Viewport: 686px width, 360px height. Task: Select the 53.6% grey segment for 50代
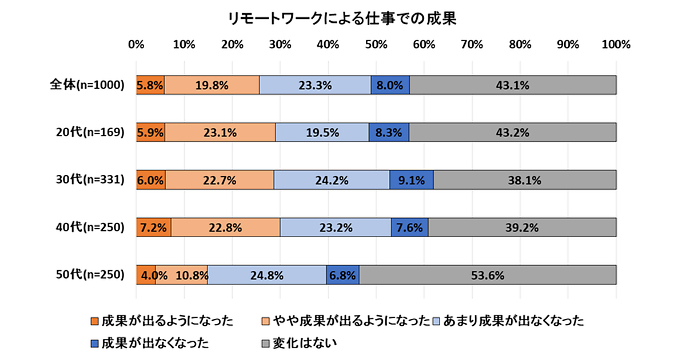tap(488, 275)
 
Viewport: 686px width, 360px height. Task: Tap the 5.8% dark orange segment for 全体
tap(150, 85)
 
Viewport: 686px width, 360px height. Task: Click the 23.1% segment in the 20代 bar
tap(220, 133)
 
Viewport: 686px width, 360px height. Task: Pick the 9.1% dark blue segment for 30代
tap(411, 180)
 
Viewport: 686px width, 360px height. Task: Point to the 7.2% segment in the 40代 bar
tap(153, 227)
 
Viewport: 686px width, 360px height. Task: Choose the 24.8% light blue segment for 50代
tap(267, 275)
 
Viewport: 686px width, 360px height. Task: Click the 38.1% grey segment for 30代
tap(525, 180)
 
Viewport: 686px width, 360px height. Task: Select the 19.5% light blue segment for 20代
tap(322, 133)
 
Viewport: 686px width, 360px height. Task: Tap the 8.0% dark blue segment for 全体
tap(390, 85)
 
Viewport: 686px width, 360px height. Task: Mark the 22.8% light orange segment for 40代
tap(226, 227)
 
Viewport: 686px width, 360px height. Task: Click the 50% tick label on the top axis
tap(376, 45)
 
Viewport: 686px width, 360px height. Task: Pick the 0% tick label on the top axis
tap(136, 45)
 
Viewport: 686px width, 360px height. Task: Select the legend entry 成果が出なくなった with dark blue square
tap(150, 343)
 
